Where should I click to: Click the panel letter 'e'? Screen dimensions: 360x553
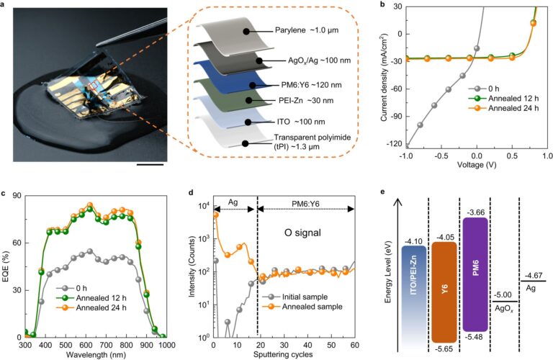coord(391,192)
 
